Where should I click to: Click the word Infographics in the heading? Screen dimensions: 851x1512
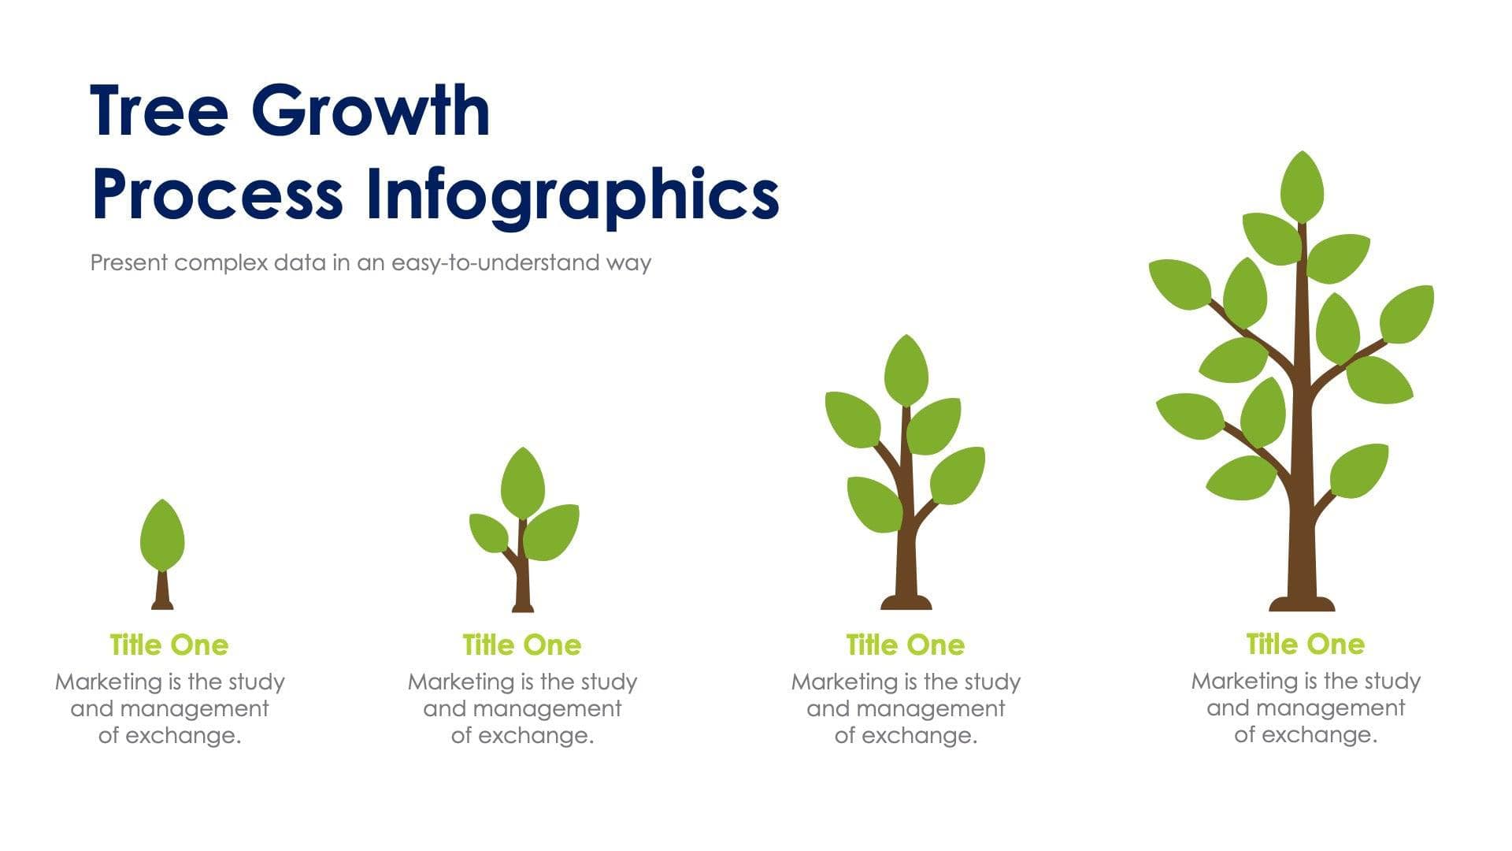click(573, 195)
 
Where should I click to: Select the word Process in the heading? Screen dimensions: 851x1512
click(217, 195)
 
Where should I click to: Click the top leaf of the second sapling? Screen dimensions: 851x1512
click(522, 484)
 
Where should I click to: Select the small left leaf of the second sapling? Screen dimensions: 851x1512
click(488, 533)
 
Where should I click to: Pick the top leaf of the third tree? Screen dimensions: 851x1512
click(906, 370)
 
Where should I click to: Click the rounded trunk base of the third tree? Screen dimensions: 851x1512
click(906, 603)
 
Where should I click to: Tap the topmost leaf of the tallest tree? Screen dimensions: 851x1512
click(1302, 187)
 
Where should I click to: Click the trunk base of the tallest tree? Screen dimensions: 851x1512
click(1302, 604)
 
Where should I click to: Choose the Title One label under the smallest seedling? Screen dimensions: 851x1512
click(169, 645)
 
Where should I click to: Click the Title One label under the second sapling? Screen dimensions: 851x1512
click(522, 645)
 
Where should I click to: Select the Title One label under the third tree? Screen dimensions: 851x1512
click(906, 645)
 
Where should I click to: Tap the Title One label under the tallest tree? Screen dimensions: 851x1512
click(1305, 645)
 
